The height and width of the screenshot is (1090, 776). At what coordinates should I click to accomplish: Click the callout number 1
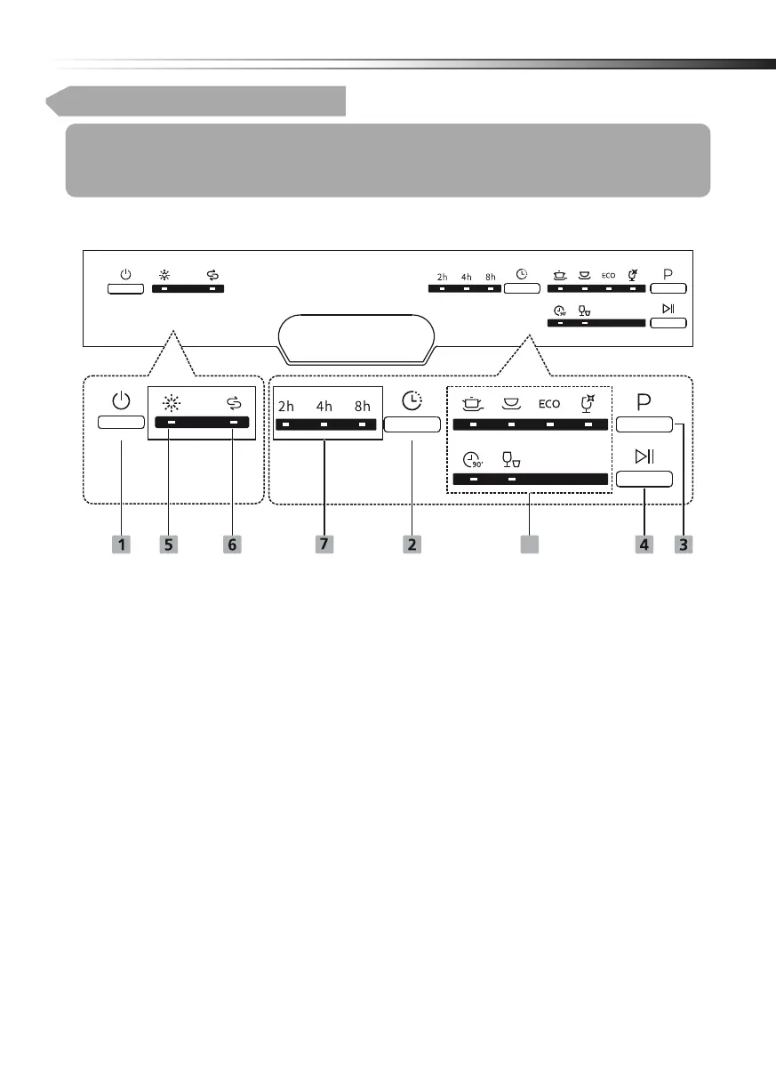(121, 544)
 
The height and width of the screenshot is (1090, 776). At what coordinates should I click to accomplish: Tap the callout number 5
(169, 544)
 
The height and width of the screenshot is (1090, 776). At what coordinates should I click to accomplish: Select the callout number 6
(233, 544)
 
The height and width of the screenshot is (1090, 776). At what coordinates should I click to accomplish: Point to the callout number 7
(324, 544)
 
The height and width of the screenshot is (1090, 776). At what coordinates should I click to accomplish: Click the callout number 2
(412, 544)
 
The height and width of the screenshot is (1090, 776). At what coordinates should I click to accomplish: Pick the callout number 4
(644, 544)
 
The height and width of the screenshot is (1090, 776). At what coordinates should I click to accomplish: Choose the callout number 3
(682, 544)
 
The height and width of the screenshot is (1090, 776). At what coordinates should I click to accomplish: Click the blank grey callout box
(530, 544)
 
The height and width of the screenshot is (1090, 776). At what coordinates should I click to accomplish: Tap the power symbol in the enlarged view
(121, 401)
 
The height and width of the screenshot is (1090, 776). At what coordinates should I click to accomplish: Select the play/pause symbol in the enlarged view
(644, 457)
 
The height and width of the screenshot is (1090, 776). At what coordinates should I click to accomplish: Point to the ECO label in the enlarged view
(549, 404)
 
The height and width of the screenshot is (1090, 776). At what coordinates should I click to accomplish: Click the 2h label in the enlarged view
(286, 406)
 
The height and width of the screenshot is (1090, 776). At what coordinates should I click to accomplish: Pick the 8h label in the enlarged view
(362, 406)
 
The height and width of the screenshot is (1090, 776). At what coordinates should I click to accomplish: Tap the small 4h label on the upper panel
(467, 277)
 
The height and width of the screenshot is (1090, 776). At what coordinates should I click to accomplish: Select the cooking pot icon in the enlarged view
(471, 403)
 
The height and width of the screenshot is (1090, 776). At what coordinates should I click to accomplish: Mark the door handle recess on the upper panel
(356, 337)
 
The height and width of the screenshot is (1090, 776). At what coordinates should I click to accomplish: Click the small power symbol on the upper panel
(125, 273)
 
